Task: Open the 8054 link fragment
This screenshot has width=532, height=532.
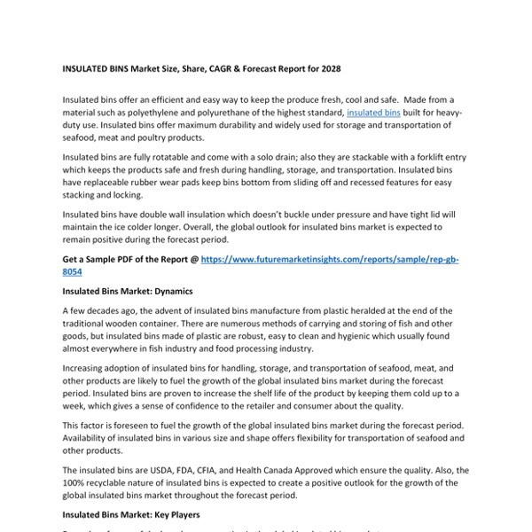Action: pos(75,272)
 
